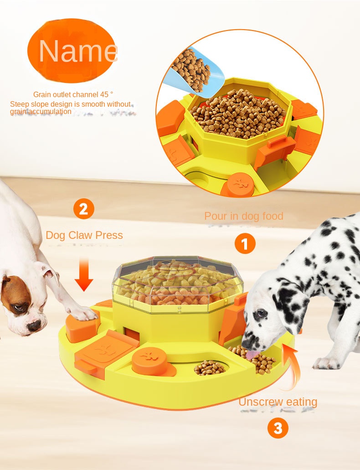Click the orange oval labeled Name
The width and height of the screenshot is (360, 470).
72,51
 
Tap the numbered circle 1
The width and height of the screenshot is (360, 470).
245,244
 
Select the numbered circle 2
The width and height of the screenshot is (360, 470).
83,209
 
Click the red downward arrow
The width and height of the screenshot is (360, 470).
83,274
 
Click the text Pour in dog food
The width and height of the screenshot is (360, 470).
243,216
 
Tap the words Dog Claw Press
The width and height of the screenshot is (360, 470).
84,235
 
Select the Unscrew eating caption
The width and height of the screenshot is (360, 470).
278,402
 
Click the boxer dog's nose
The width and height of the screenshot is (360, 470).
34,325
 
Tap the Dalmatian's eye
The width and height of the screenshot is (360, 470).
261,314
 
